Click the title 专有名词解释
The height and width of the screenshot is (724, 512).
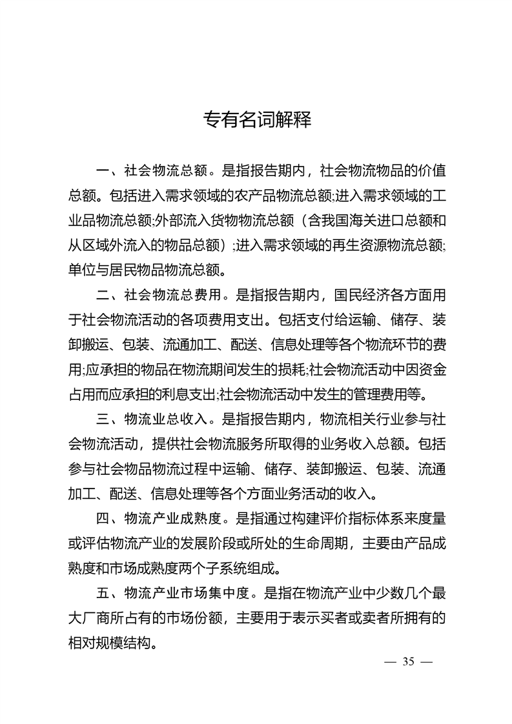(x=257, y=120)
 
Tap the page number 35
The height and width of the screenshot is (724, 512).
(x=407, y=662)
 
